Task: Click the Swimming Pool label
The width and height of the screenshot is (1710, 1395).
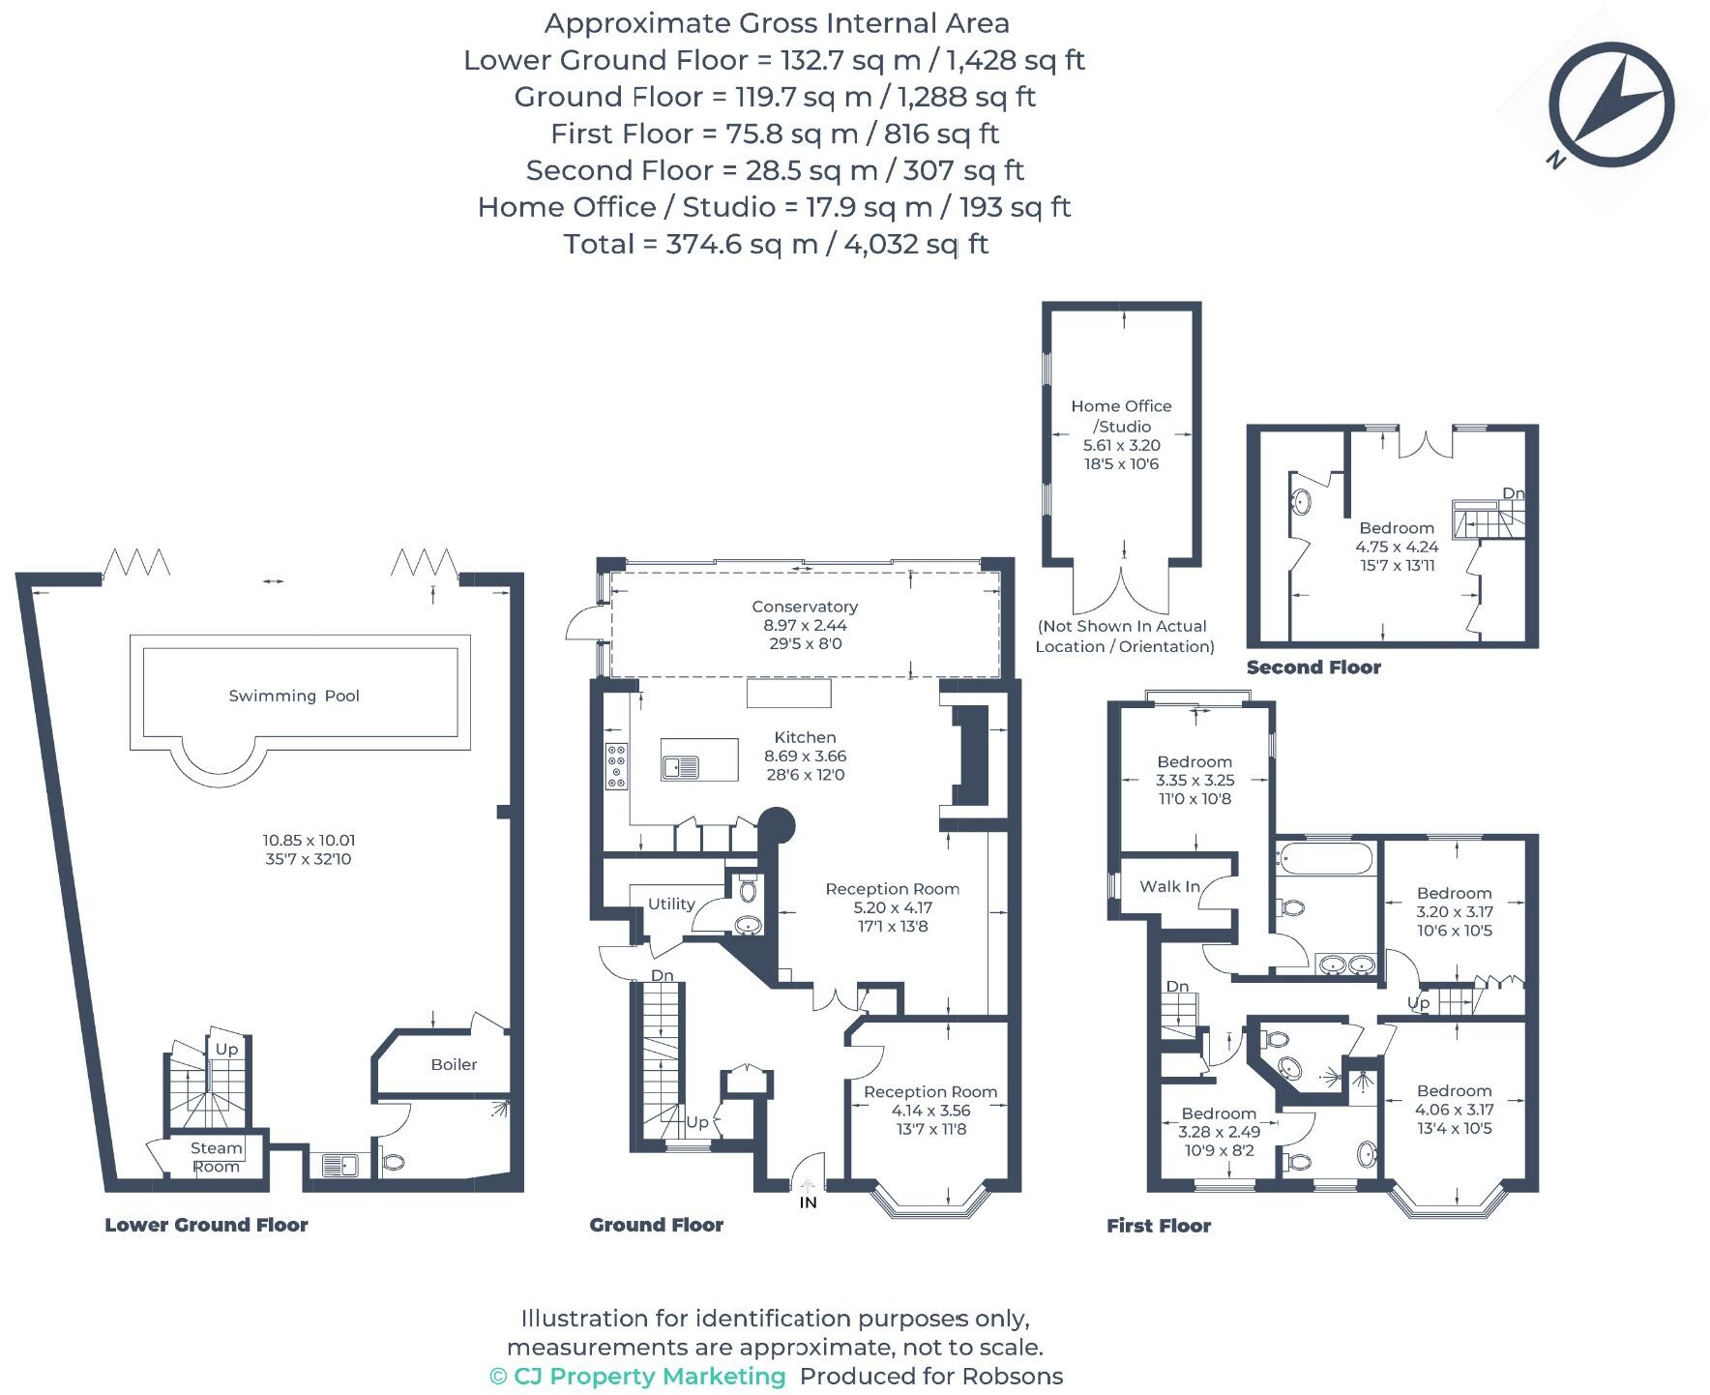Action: click(293, 696)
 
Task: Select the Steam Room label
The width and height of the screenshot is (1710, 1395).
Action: click(216, 1157)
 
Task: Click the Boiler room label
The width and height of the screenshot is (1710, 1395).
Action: click(454, 1064)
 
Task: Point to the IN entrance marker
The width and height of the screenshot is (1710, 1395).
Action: click(808, 1202)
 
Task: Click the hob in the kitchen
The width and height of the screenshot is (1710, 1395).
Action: click(616, 766)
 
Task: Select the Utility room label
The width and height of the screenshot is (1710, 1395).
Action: click(671, 904)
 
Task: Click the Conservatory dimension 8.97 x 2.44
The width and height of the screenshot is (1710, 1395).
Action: click(805, 625)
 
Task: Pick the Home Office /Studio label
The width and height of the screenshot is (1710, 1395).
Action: click(1121, 416)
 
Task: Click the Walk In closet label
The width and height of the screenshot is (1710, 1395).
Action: click(1169, 886)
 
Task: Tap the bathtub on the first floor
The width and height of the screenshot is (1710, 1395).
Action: click(1324, 859)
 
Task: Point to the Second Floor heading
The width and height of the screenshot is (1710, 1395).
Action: click(1313, 668)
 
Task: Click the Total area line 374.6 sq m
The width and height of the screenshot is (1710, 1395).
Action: click(776, 244)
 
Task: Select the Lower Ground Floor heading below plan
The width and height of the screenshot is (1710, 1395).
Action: click(206, 1225)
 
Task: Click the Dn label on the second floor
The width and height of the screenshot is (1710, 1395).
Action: click(1513, 493)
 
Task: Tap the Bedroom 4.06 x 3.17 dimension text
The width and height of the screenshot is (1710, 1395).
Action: click(1454, 1110)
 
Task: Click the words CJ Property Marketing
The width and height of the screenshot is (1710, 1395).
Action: click(649, 1376)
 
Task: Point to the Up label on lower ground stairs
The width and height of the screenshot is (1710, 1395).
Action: click(226, 1050)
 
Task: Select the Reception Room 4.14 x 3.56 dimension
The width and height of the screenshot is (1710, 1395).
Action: click(930, 1111)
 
